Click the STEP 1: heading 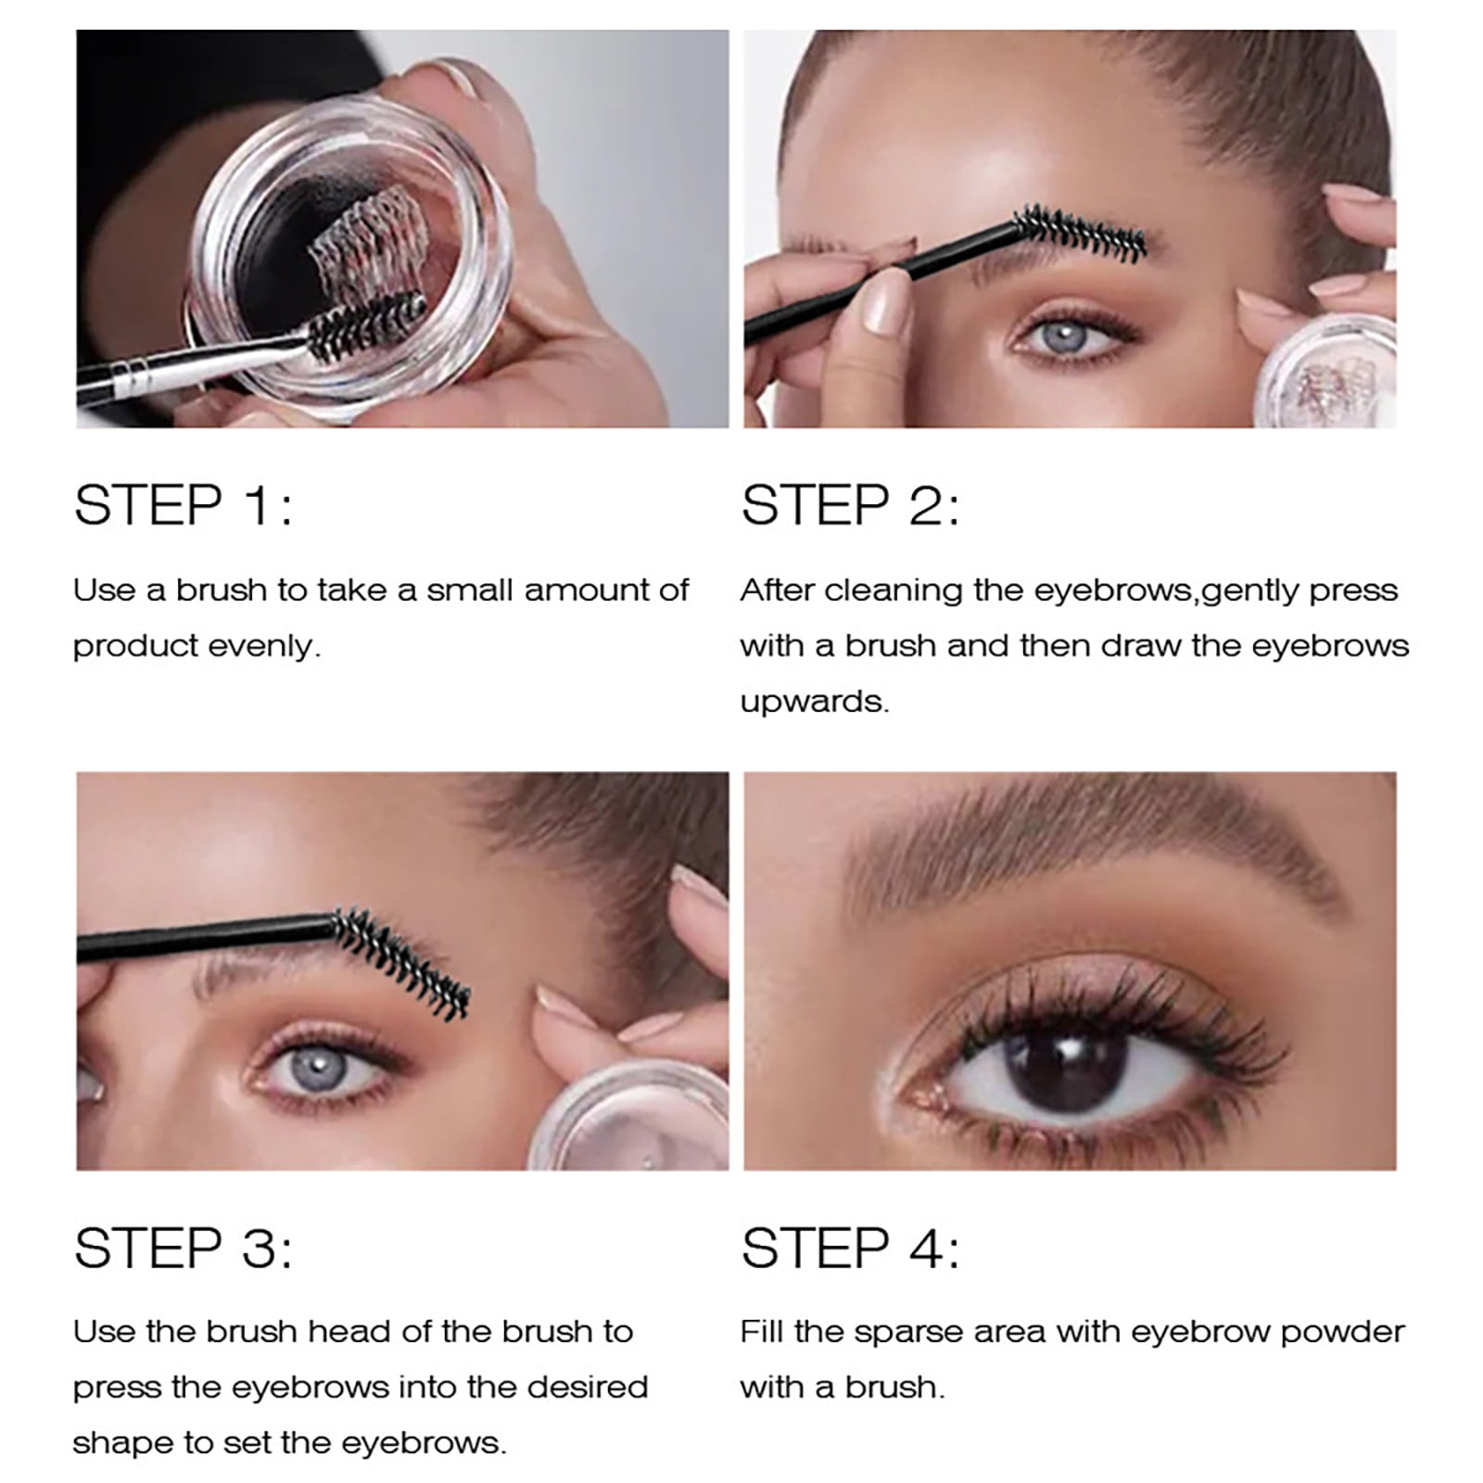pos(183,505)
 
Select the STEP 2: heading pos(850,505)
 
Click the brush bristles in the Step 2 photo pos(1081,232)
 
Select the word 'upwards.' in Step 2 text pos(815,702)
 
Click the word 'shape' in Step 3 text pos(118,1443)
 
